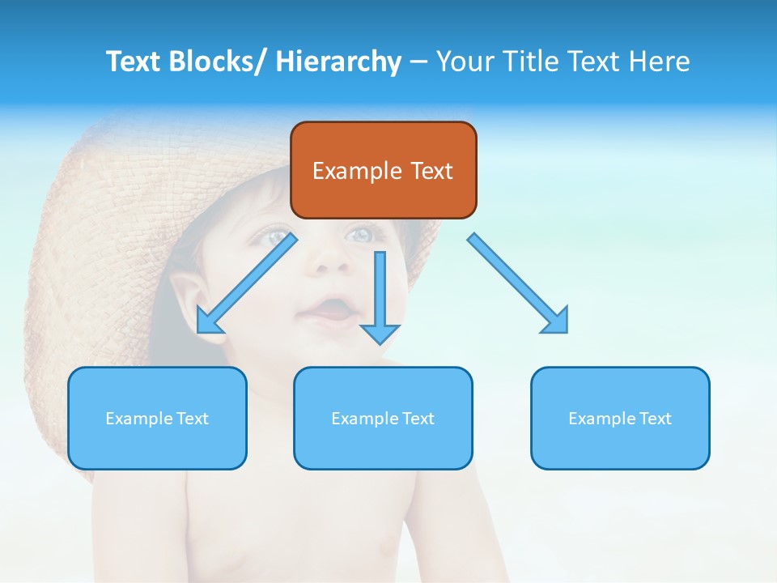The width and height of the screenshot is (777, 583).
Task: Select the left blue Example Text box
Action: (x=157, y=418)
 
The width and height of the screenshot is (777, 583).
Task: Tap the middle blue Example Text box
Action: (x=383, y=418)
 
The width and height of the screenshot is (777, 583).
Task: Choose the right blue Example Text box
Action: (x=620, y=418)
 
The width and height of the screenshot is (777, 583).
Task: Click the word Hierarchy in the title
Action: (x=338, y=62)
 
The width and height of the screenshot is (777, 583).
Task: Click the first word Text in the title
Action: (x=136, y=62)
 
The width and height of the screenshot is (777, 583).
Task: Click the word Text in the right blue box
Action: (x=654, y=418)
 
